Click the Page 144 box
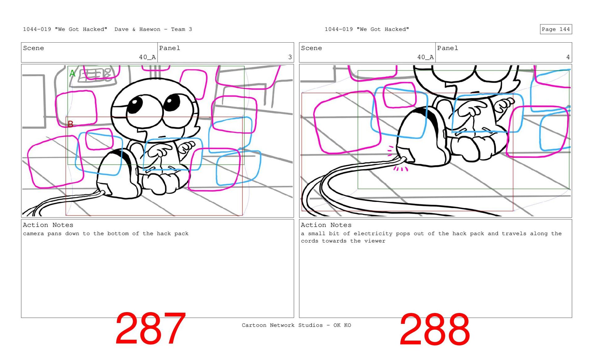(x=556, y=29)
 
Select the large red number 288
(x=435, y=329)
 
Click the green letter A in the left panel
(x=72, y=73)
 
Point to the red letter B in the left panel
(x=70, y=124)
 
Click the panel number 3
(x=290, y=57)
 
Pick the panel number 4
(x=568, y=57)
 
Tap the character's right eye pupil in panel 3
(x=171, y=102)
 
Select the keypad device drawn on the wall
(x=97, y=74)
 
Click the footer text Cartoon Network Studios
(x=282, y=325)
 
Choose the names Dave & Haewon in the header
(x=137, y=29)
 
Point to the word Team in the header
(x=178, y=29)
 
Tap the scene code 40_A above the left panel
(x=147, y=57)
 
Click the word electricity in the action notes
(x=373, y=234)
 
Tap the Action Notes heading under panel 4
(x=326, y=225)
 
